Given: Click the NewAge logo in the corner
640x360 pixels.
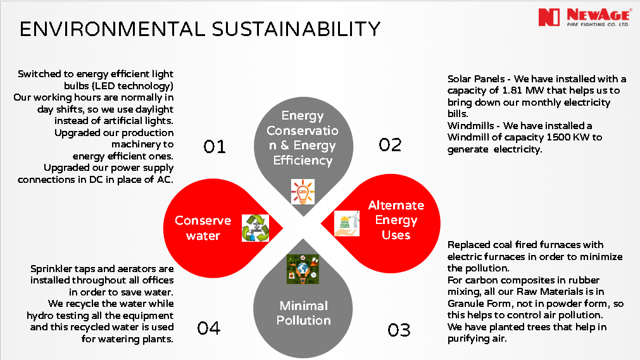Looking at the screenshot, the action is pos(585,17).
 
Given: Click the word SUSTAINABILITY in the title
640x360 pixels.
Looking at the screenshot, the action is pos(296,29).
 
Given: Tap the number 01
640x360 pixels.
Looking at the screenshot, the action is pos(215,147).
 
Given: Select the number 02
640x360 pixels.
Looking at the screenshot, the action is pos(390,145).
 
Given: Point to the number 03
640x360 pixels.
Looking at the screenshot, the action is pos(399,330).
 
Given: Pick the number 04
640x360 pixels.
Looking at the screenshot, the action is pos(208,328).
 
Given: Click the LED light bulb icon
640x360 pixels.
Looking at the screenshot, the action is pos(303,192).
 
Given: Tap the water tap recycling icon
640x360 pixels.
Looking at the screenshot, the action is pos(256,228).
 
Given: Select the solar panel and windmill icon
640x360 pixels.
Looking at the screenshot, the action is pos(347,223).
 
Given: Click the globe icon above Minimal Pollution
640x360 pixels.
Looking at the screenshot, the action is pos(303,269).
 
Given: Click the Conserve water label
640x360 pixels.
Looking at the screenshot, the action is pos(203,228).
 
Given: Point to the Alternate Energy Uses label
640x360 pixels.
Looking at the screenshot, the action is pos(396,220).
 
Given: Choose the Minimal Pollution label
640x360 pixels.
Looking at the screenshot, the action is pos(303,313).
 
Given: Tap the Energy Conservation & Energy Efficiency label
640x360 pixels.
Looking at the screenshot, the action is pos(303,138).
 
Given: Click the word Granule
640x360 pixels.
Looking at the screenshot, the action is pos(465,303).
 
